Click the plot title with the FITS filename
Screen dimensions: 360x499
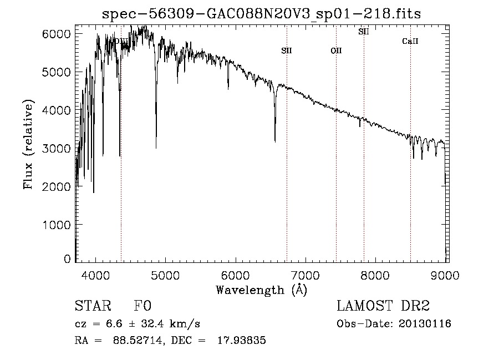click(x=262, y=14)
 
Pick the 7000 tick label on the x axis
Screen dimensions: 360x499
click(x=306, y=275)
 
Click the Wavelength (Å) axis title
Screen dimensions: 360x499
click(x=261, y=290)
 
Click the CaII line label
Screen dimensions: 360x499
click(x=410, y=41)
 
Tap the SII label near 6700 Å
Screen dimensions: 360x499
click(x=286, y=50)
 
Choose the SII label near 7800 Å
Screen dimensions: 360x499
click(x=363, y=32)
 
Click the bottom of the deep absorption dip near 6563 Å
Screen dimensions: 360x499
click(x=275, y=141)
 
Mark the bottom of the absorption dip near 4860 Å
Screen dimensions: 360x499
click(x=156, y=147)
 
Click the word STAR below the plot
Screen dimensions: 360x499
click(x=92, y=307)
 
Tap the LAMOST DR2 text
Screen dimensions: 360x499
click(x=383, y=307)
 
